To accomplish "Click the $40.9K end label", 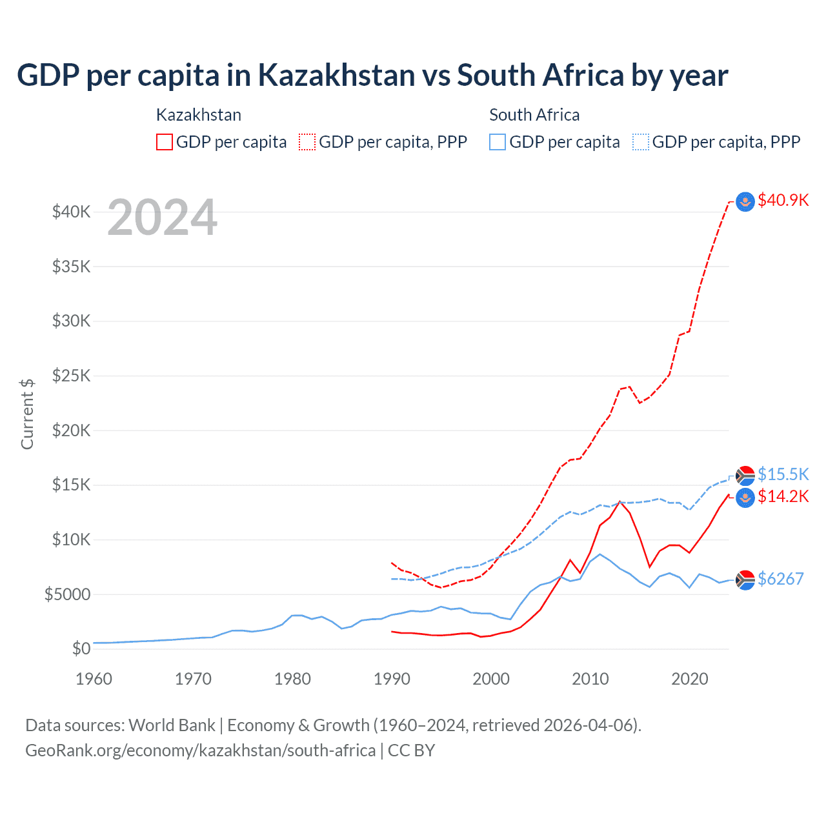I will pyautogui.click(x=783, y=200).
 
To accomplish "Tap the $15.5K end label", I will pyautogui.click(x=783, y=474).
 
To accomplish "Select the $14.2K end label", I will pyautogui.click(x=783, y=496).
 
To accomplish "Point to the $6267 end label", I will pyautogui.click(x=780, y=579).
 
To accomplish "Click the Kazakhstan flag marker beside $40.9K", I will pyautogui.click(x=745, y=202).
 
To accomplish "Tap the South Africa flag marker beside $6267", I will pyautogui.click(x=745, y=580).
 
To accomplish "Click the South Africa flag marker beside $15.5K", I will pyautogui.click(x=745, y=476).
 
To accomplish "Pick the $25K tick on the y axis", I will pyautogui.click(x=72, y=376).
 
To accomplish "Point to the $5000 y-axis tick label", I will pyautogui.click(x=68, y=594).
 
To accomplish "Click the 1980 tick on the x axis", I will pyautogui.click(x=292, y=679).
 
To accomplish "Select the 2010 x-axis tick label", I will pyautogui.click(x=590, y=679).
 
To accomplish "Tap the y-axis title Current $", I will pyautogui.click(x=27, y=414).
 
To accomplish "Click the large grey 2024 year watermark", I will pyautogui.click(x=162, y=218).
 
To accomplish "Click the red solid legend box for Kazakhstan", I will pyautogui.click(x=165, y=142).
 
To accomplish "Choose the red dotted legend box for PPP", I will pyautogui.click(x=307, y=142).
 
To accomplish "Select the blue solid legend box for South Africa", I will pyautogui.click(x=498, y=142).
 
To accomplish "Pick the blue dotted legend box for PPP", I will pyautogui.click(x=641, y=142).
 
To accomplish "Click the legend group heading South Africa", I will pyautogui.click(x=534, y=115).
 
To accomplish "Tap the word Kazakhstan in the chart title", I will pyautogui.click(x=336, y=76).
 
